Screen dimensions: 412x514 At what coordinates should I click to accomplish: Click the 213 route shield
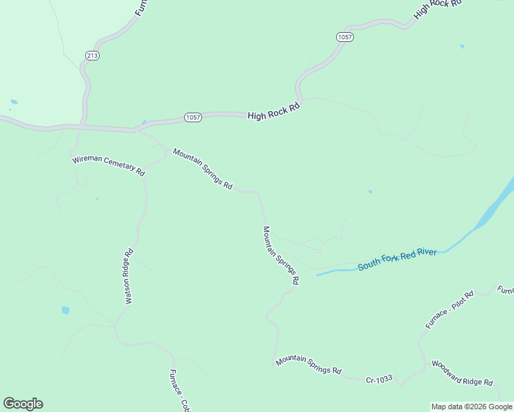click(93, 56)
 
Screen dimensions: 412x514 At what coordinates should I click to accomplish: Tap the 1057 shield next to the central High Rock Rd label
click(193, 117)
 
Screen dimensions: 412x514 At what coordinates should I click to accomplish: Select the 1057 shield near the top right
click(345, 37)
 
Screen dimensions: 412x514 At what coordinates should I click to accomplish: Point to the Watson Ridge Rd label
click(128, 276)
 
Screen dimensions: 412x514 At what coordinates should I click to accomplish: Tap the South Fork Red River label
click(397, 260)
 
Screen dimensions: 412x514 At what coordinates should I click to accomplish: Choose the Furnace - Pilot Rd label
click(449, 310)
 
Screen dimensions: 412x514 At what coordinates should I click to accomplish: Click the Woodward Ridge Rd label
click(462, 373)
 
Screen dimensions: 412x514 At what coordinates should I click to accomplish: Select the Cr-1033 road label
click(379, 379)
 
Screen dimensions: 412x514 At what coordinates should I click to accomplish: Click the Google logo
click(23, 404)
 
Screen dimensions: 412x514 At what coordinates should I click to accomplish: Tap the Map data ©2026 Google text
click(472, 407)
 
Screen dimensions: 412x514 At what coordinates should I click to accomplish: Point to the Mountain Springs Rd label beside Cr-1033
click(309, 365)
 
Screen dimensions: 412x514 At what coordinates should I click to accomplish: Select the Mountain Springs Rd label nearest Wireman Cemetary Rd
click(203, 169)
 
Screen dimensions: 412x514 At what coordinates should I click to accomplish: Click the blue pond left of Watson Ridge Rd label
click(65, 310)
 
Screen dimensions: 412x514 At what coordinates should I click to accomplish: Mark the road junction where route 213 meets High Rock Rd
click(82, 127)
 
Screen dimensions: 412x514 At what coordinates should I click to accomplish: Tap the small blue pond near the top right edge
click(462, 46)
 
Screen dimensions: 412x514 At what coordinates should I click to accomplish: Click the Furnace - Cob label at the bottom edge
click(179, 390)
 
